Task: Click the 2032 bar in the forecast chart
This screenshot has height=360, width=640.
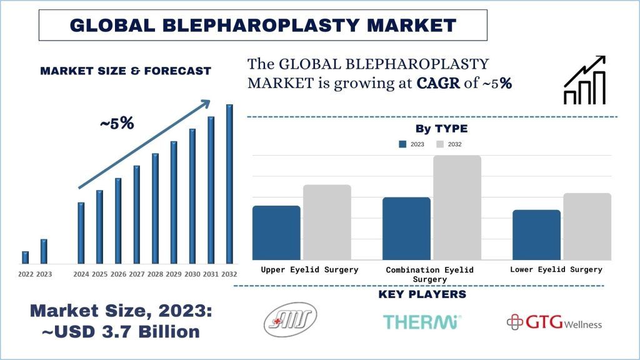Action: click(x=229, y=184)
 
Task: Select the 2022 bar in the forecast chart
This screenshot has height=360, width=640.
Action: click(x=25, y=257)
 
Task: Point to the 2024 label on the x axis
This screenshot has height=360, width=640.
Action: click(x=81, y=274)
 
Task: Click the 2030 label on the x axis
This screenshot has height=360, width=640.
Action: click(x=192, y=274)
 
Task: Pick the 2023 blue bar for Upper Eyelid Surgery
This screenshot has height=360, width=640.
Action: click(x=276, y=232)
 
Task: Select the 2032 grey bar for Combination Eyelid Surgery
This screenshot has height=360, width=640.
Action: click(x=457, y=207)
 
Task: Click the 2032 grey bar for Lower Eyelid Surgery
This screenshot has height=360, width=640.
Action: click(x=587, y=226)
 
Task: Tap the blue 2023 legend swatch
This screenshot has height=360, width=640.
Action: click(x=402, y=144)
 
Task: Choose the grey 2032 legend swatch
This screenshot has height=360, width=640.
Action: click(x=439, y=144)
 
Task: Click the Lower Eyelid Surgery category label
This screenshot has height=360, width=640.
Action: click(x=556, y=269)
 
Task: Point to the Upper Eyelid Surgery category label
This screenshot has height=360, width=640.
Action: click(x=309, y=269)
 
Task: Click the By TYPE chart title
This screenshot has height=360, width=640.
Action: click(x=441, y=129)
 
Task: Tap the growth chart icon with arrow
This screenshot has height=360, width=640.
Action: click(x=584, y=80)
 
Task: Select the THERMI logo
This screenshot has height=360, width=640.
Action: click(x=422, y=322)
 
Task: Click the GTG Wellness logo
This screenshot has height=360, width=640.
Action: click(x=554, y=322)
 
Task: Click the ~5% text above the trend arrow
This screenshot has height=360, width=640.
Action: click(x=117, y=124)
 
